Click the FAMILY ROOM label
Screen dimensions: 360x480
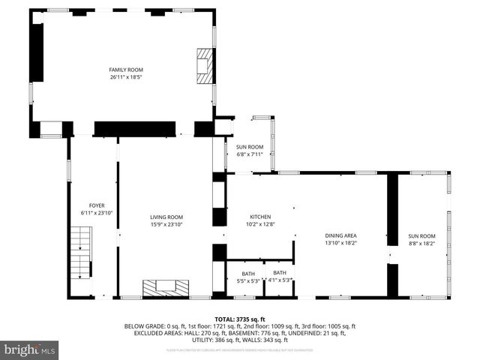pos(125,69)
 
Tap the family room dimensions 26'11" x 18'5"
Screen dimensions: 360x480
pos(125,76)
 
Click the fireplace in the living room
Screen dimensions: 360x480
pos(166,287)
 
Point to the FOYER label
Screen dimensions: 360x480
pos(97,205)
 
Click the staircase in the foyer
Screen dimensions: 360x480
pos(79,255)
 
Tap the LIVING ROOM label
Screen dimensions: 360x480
pos(166,217)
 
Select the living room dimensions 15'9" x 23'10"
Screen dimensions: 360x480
pos(166,223)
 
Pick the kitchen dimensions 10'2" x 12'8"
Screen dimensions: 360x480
pos(260,223)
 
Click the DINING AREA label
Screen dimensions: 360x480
pos(340,235)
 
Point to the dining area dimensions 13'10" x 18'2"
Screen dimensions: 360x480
pos(340,242)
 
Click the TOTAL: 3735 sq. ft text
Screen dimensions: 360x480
pos(239,319)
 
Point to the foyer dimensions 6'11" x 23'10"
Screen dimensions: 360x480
pos(97,212)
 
